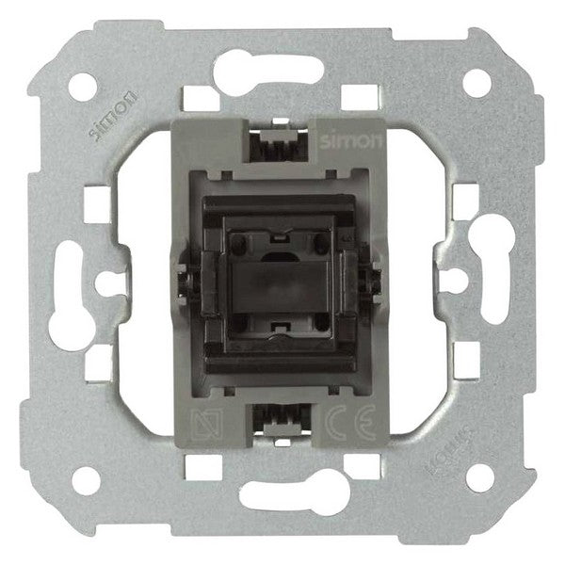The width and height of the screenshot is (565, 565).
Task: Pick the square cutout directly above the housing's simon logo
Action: pyautogui.click(x=356, y=95)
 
